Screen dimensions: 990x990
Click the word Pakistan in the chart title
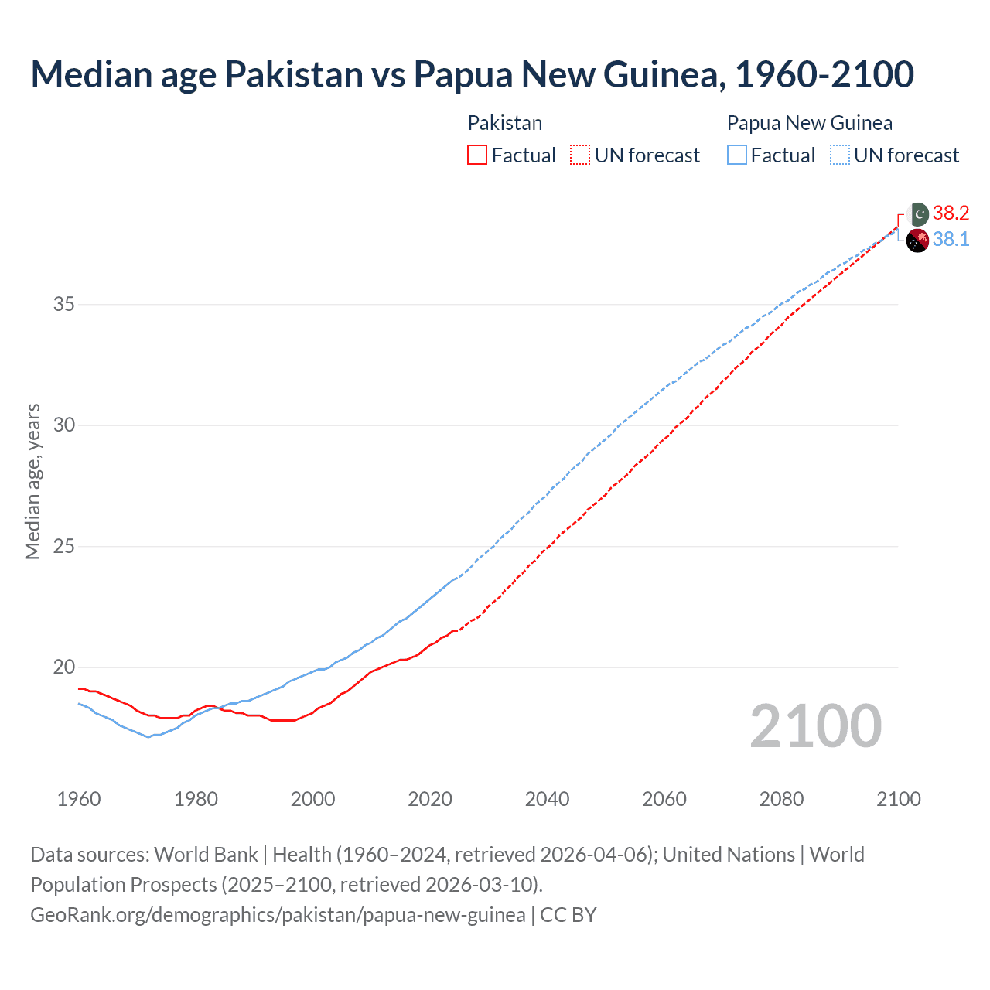click(294, 74)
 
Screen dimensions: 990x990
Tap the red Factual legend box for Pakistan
click(477, 155)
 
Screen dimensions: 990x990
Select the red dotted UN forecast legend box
click(580, 155)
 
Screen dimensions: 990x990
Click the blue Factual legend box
click(736, 155)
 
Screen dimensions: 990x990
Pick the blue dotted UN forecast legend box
click(839, 155)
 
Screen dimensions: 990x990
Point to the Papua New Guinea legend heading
click(809, 123)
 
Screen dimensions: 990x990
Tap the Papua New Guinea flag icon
click(917, 241)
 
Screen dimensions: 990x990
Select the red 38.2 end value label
click(951, 213)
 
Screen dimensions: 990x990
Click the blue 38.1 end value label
click(951, 239)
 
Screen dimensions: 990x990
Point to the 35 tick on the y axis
click(64, 304)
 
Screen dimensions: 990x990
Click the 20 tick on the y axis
click(64, 667)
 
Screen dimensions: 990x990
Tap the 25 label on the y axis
click(64, 546)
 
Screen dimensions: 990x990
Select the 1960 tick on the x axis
click(79, 799)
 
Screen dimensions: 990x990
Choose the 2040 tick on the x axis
click(547, 799)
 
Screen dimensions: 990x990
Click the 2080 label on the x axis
click(781, 799)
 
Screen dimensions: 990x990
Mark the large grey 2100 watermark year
click(815, 725)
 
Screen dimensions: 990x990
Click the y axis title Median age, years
click(32, 481)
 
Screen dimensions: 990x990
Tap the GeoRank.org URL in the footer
click(278, 915)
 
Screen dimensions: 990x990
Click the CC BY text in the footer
click(568, 915)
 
